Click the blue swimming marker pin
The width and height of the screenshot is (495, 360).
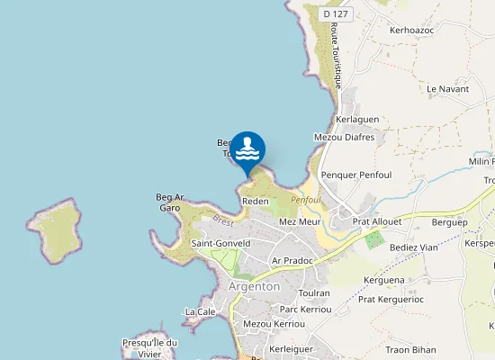[x=247, y=150]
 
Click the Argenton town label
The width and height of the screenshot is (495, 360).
[x=255, y=286]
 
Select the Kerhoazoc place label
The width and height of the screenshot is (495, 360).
[x=412, y=30]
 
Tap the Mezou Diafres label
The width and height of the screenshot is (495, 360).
[x=344, y=138]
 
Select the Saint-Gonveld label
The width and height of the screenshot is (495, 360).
[x=220, y=243]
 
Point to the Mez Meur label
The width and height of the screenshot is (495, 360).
[x=301, y=221]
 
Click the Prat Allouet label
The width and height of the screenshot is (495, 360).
[x=376, y=220]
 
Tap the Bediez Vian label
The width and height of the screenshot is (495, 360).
[x=414, y=247]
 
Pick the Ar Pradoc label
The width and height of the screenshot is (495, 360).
[x=292, y=260]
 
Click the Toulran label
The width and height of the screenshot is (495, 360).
[x=314, y=293]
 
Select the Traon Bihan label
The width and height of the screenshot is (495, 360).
[x=410, y=349]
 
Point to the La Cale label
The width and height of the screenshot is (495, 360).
[x=200, y=311]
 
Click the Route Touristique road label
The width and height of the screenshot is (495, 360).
[x=336, y=54]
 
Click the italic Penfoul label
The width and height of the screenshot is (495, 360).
[x=306, y=200]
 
